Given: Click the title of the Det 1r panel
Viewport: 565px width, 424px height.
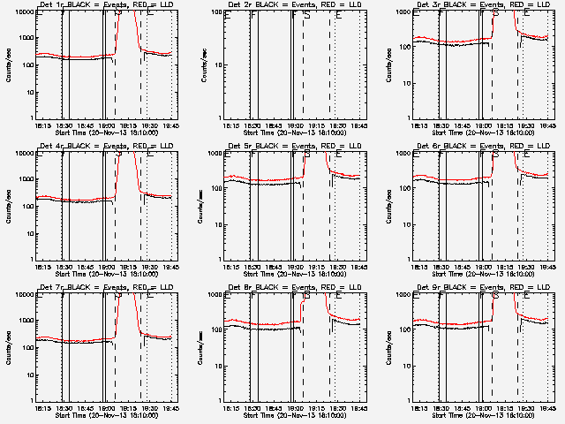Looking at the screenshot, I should click(99, 7).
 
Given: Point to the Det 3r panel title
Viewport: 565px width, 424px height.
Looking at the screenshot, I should click(476, 7).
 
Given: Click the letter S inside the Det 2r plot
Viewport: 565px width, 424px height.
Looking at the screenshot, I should click(306, 16).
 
